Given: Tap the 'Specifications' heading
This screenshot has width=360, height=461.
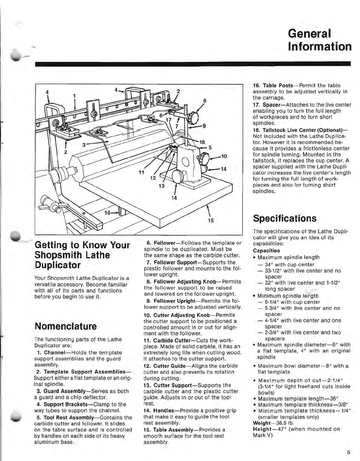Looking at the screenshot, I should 285,218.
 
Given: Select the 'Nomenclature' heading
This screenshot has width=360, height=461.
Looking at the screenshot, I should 65,326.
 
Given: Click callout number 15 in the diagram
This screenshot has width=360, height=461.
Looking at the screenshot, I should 211,220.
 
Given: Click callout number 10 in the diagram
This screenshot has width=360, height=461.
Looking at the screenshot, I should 224,156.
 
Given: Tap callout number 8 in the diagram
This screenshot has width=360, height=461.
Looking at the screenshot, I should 205,100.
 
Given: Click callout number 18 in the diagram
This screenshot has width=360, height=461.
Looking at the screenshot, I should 202,142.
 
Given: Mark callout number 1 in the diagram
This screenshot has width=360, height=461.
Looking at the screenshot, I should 74,96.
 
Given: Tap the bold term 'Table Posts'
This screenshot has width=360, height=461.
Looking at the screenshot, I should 278,86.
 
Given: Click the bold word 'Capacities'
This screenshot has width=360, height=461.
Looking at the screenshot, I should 266,251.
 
